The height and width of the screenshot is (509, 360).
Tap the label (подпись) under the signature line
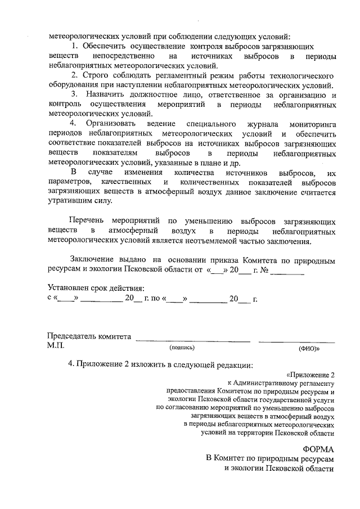coord(182,348)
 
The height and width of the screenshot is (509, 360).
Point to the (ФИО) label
coord(309,349)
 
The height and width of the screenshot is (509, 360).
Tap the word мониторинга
coord(312,123)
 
